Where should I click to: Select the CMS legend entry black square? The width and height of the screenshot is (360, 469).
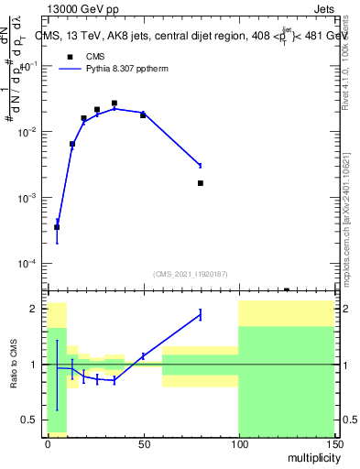pyautogui.click(x=70, y=57)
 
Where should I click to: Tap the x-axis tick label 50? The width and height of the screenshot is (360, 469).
pyautogui.click(x=143, y=442)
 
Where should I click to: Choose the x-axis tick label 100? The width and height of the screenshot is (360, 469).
pyautogui.click(x=238, y=442)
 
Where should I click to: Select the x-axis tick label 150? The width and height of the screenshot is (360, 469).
pyautogui.click(x=333, y=442)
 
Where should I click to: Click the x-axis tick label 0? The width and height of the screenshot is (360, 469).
pyautogui.click(x=48, y=442)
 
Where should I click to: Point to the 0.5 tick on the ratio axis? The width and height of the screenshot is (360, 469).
pyautogui.click(x=34, y=420)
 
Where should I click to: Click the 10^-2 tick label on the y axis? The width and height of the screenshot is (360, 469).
pyautogui.click(x=30, y=133)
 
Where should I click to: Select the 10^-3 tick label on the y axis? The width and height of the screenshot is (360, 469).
pyautogui.click(x=30, y=199)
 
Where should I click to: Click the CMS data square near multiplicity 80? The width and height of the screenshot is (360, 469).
pyautogui.click(x=201, y=183)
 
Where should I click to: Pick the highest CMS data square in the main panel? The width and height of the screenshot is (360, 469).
pyautogui.click(x=115, y=104)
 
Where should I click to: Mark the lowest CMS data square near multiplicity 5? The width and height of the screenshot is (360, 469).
pyautogui.click(x=57, y=227)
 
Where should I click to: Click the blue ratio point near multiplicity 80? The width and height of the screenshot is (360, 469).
pyautogui.click(x=201, y=315)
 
